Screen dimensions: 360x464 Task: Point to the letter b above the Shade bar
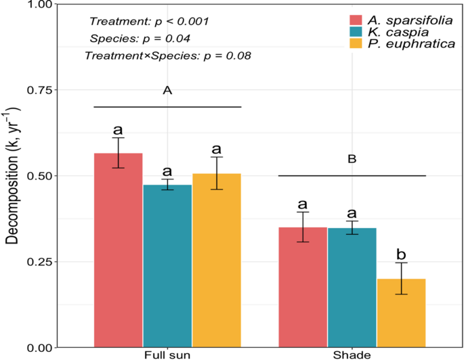[402, 254]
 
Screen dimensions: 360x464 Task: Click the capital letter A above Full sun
[167, 90]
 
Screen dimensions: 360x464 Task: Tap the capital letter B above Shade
[352, 160]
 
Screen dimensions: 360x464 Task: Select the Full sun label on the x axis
[167, 355]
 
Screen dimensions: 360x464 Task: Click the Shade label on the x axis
[352, 355]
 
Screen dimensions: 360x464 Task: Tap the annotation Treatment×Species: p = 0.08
[168, 55]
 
